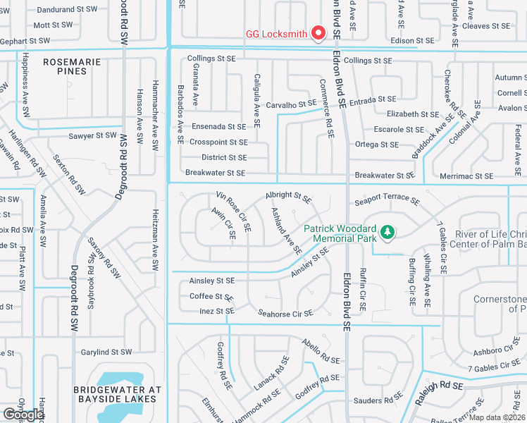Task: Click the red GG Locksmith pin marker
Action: pyautogui.click(x=318, y=32)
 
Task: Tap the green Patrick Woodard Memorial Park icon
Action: pyautogui.click(x=387, y=231)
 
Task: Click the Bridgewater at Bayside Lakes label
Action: pyautogui.click(x=118, y=394)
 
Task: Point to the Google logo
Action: pyautogui.click(x=23, y=415)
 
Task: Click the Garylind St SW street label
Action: pyautogui.click(x=106, y=352)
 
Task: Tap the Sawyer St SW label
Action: pyautogui.click(x=92, y=135)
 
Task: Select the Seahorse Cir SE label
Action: pyautogui.click(x=285, y=313)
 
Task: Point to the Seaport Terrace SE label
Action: pyautogui.click(x=387, y=200)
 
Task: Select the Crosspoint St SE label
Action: pyautogui.click(x=218, y=142)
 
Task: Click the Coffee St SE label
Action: pyautogui.click(x=211, y=296)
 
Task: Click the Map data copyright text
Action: pyautogui.click(x=497, y=417)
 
